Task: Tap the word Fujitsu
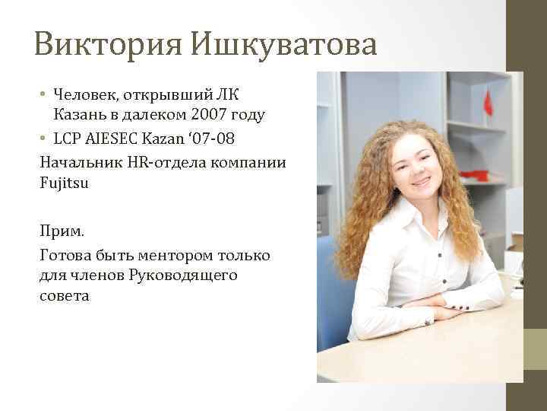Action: [x=64, y=183]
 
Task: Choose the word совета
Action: [x=64, y=295]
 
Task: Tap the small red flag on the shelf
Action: [x=488, y=104]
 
